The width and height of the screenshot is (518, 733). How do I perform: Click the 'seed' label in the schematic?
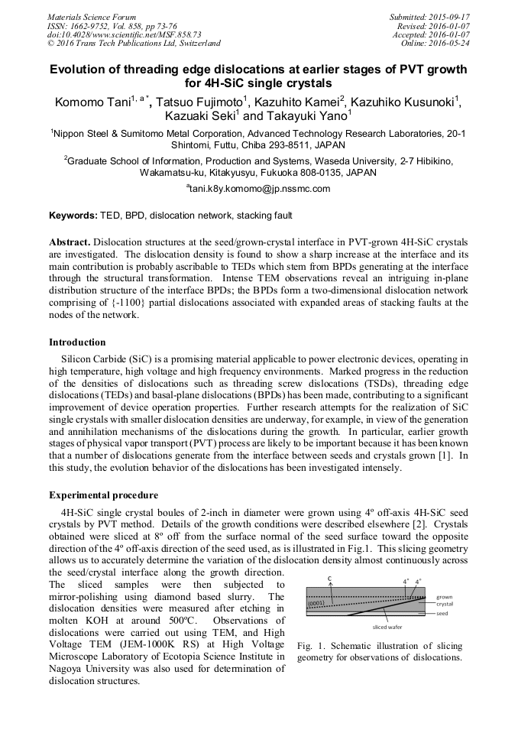click(x=444, y=613)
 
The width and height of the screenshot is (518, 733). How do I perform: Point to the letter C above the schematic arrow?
click(x=329, y=579)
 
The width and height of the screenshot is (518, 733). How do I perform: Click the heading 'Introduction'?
click(x=77, y=342)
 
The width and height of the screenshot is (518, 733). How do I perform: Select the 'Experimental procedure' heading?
click(x=103, y=495)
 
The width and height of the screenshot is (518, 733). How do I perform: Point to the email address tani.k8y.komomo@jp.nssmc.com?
click(x=259, y=189)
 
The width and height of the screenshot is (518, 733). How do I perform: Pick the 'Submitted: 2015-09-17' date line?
click(x=430, y=17)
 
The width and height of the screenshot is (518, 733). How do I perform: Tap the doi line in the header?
click(x=125, y=34)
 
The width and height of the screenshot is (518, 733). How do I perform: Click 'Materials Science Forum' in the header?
click(x=92, y=17)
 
